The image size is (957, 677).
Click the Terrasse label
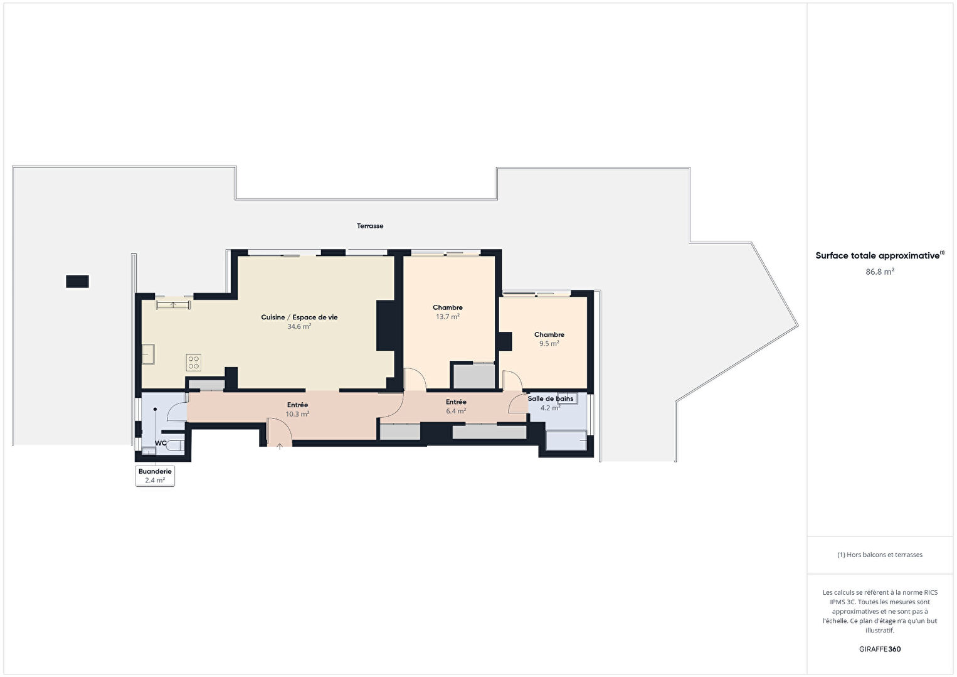pos(370,226)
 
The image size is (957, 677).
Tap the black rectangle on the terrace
pos(77,281)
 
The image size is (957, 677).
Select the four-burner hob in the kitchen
pos(193,363)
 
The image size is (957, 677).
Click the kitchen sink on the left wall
pos(148,354)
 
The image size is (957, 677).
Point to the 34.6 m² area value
pos(299,326)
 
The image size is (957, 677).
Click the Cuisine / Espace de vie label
pos(299,317)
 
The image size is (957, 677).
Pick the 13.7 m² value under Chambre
pos(447,317)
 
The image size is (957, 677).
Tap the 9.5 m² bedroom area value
pos(549,344)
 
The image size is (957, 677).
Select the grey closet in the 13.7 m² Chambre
pos(473,376)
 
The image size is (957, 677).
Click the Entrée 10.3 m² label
pos(297,410)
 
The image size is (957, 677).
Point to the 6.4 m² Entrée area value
pos(456,411)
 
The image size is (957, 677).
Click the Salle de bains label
pos(550,399)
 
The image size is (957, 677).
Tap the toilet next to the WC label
pos(176,445)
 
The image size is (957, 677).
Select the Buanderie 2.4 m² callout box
pos(155,476)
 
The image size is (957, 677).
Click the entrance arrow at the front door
pos(280,447)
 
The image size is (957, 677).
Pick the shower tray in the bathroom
pos(566,440)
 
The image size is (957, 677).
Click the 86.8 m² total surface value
pos(880,272)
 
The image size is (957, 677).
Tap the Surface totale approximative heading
pos(880,255)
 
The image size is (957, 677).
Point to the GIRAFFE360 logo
pos(880,649)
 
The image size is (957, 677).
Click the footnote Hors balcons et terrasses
pos(880,555)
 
